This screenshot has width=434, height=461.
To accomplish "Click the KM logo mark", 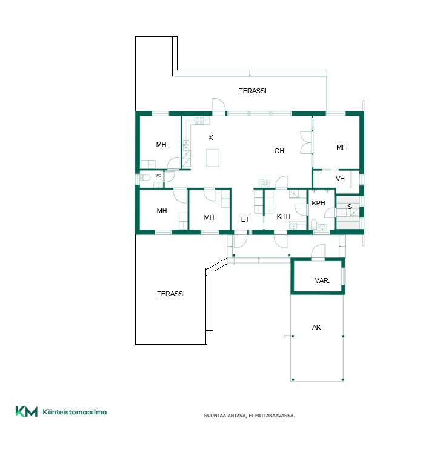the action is tap(27, 411).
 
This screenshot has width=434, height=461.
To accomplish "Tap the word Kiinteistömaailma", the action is tap(75, 412).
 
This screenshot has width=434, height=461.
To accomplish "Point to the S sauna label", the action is tap(349, 207).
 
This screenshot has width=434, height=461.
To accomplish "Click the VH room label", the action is tap(340, 179).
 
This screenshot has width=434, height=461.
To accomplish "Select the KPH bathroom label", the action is tap(318, 203).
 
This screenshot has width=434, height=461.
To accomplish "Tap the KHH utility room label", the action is tap(284, 216).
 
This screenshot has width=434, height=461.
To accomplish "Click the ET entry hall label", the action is tap(245, 219).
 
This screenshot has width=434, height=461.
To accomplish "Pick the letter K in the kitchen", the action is tap(210, 138).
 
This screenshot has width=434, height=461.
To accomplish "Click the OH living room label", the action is tap(279, 151).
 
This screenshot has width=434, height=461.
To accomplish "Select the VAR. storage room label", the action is tap(322, 280).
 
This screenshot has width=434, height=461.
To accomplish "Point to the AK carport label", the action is tap(316, 327).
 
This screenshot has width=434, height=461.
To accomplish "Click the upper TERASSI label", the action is tap(253, 91).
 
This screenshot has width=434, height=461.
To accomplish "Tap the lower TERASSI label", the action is tap(171, 294).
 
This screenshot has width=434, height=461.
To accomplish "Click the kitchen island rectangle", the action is tap(213, 158).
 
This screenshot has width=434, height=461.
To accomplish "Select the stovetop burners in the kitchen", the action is tap(199, 120).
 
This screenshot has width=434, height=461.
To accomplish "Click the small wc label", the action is tap(158, 176).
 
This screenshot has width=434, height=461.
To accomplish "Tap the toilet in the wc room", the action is tap(145, 177).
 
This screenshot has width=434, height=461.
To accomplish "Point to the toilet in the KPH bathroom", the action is tap(314, 224).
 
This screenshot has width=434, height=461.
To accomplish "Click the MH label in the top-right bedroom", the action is tap(341, 147).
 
